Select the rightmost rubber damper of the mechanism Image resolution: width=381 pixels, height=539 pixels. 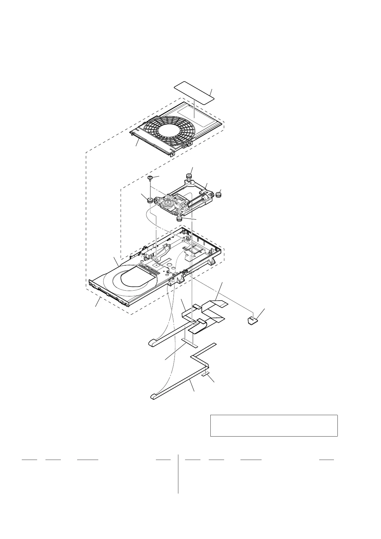click(219, 194)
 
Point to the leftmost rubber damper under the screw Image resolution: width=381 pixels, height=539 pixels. click(150, 201)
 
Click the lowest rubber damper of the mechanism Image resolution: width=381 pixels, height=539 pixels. click(180, 219)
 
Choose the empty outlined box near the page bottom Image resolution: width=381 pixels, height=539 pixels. click(274, 425)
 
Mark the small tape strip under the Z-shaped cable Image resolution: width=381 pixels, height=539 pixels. click(206, 374)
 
